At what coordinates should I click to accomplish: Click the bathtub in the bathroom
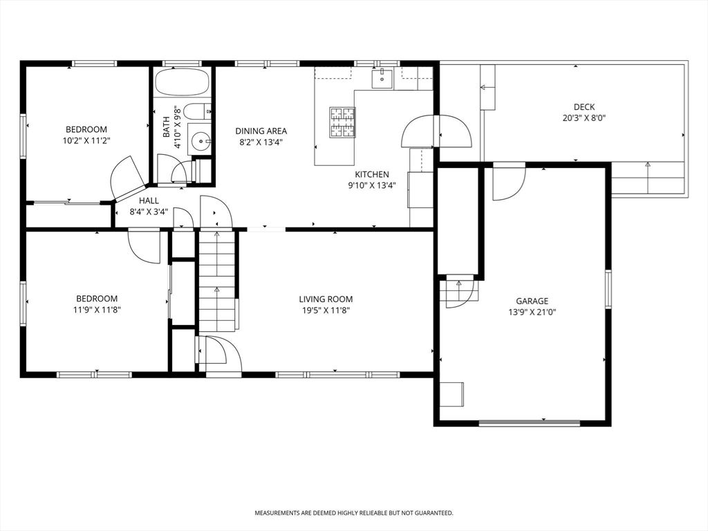[182, 83]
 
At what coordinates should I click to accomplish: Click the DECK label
[584, 106]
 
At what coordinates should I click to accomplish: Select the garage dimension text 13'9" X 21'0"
[532, 312]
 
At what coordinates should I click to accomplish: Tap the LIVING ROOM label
[326, 299]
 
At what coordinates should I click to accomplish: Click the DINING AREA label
[261, 131]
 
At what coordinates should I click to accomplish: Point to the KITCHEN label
[372, 174]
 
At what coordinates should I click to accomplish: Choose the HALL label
[149, 201]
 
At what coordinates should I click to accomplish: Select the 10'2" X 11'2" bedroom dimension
[86, 140]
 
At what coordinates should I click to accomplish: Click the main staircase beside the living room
[217, 280]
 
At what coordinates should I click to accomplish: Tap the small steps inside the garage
[458, 291]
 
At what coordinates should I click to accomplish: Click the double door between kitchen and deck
[436, 131]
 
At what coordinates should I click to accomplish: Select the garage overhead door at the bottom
[529, 422]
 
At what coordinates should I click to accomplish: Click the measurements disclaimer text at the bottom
[354, 513]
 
